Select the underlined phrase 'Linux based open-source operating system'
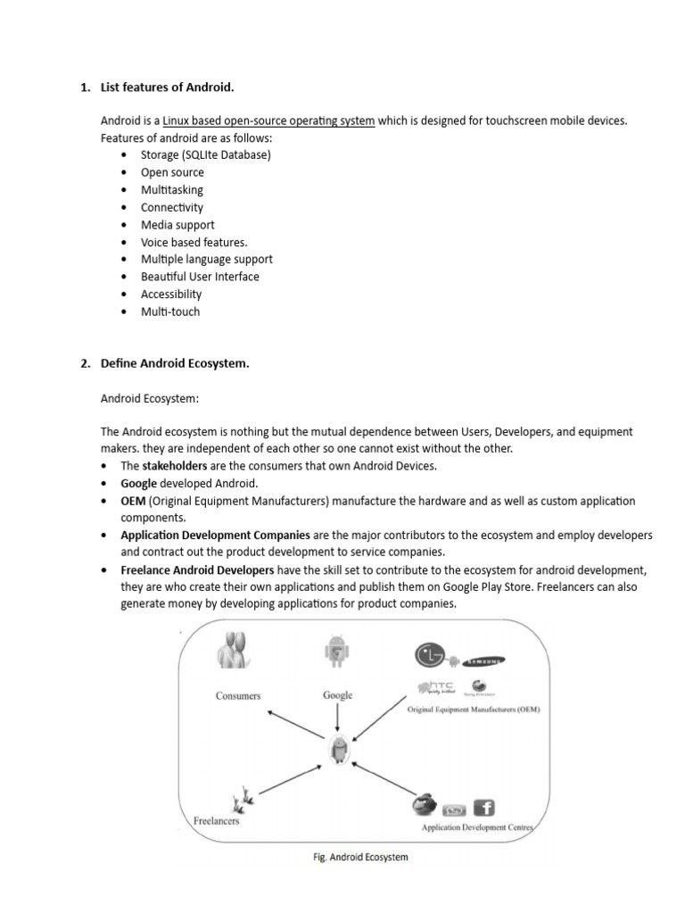pos(268,120)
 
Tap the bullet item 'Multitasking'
pos(171,190)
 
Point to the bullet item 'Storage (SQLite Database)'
pos(205,155)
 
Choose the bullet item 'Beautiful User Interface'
pos(200,277)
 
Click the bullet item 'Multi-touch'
pos(170,312)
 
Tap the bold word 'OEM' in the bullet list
pos(133,501)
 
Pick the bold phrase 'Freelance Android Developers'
pos(197,570)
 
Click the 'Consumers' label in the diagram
pos(238,695)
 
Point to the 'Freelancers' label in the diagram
pos(217,820)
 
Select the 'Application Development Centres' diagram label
pos(476,827)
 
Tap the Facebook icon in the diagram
pos(484,807)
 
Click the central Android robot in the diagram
pos(338,753)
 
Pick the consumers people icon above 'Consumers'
pos(234,651)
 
